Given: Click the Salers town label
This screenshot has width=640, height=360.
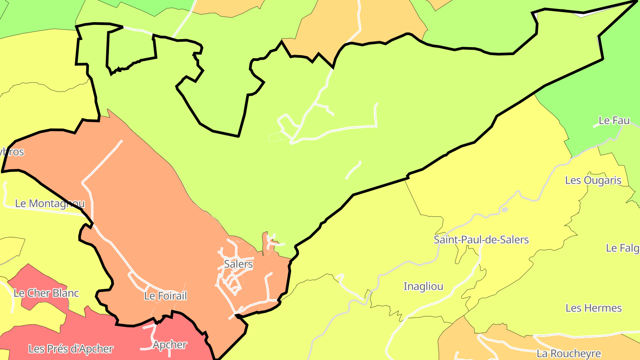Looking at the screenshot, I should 238,264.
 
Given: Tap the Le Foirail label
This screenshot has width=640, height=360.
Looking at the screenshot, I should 165,296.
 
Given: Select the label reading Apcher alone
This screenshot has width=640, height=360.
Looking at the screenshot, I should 170,344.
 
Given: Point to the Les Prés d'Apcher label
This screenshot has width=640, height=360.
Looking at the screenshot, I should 71,349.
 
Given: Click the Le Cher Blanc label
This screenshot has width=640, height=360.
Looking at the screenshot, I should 46,293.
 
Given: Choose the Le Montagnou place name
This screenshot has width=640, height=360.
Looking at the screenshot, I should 50,204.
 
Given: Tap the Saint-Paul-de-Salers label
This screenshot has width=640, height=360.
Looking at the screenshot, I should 481,240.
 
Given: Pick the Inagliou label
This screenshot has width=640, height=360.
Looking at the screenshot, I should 423,287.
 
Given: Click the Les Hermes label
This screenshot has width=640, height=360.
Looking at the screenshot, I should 593,308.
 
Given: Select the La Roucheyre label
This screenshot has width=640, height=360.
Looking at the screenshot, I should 568,354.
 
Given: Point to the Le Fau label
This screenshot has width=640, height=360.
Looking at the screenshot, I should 614,120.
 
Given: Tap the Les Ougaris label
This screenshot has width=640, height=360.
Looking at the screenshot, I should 593,180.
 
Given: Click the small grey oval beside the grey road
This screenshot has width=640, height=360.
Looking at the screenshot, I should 504,209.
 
